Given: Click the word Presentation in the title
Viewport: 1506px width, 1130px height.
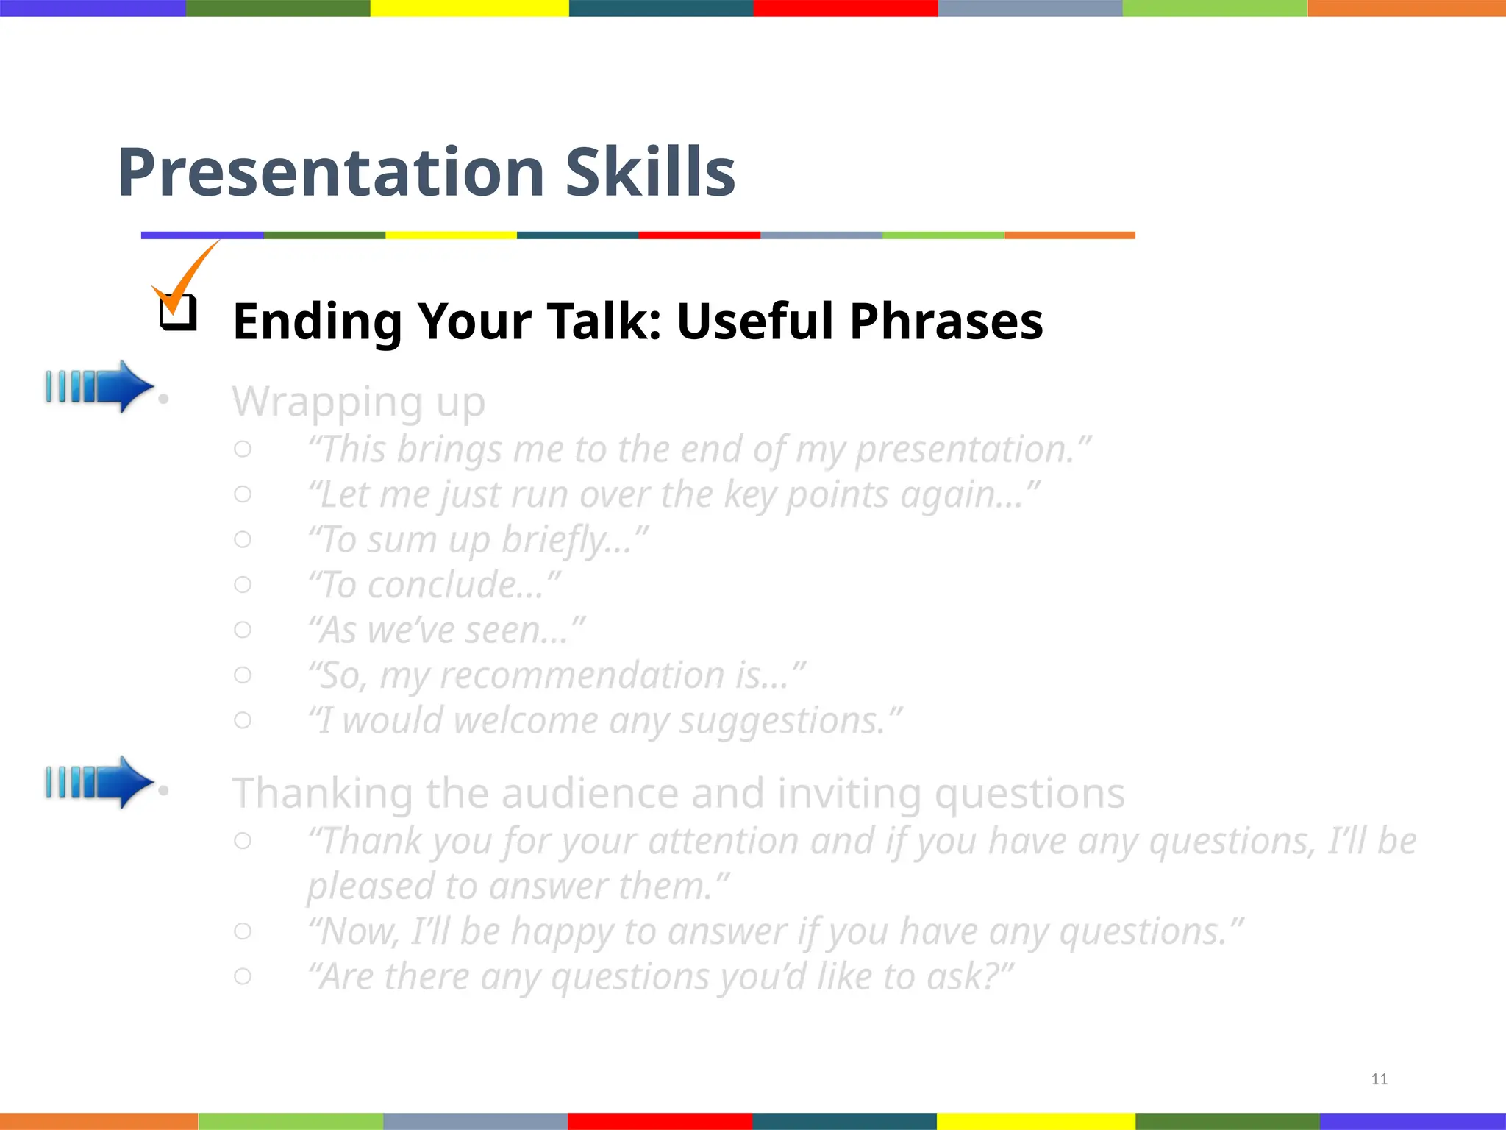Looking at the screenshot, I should click(x=331, y=173).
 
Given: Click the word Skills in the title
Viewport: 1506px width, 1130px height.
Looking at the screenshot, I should click(x=650, y=173).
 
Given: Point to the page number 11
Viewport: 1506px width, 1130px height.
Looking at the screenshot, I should click(x=1379, y=1079).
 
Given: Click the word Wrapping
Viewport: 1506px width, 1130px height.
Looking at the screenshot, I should click(x=327, y=402).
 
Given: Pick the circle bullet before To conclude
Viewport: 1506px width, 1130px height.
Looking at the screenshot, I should click(x=243, y=585).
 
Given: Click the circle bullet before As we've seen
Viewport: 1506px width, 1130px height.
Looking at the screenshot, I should click(x=243, y=630).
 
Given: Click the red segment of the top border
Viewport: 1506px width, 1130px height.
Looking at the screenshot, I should click(x=846, y=8).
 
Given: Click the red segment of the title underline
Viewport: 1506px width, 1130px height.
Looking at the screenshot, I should click(x=699, y=235).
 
